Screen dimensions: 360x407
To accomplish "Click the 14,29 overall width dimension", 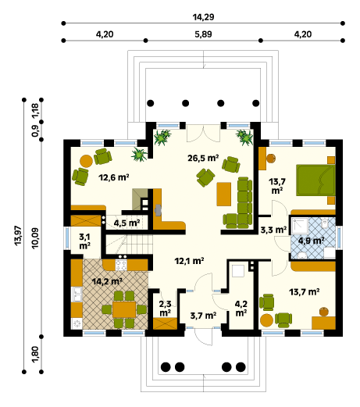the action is coord(203,17).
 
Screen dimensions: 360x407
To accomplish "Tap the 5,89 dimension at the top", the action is coord(203,34).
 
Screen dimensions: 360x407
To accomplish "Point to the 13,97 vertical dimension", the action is coord(18,235).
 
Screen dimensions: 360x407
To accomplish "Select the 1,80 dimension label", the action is coord(35,354).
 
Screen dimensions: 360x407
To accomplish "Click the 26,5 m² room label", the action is coord(203,158).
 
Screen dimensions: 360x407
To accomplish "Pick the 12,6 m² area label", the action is coord(114,177).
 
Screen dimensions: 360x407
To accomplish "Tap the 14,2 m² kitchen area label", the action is coord(107,281).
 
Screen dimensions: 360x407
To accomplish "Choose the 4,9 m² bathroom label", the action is coord(311,241).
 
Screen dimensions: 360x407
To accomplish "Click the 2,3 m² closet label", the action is coord(165,308).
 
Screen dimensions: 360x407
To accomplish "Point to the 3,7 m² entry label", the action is coord(203,316).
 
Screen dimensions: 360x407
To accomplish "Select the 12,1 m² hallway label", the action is coord(189,261).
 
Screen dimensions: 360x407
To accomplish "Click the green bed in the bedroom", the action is coord(315,180).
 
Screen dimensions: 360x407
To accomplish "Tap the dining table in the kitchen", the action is coord(124,309).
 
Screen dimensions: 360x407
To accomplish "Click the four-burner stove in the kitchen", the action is coord(121,265).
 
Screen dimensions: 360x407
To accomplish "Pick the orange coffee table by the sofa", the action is coord(224,194).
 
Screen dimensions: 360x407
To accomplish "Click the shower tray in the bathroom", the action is coord(300,226).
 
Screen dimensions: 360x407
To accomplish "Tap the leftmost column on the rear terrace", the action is coord(151,103).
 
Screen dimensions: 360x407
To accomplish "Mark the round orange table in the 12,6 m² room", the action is coord(86,161).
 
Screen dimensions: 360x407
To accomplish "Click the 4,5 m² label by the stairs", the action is coord(127,223).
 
